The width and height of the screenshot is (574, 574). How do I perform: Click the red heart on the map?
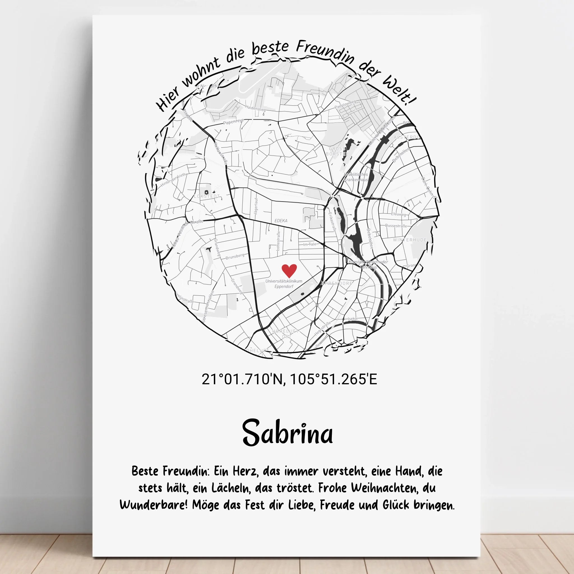pos(289,270)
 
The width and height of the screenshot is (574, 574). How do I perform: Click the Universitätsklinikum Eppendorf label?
pos(284,283)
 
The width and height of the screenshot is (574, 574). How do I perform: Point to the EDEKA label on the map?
pos(281,221)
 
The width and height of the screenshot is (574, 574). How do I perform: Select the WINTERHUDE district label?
pos(410,240)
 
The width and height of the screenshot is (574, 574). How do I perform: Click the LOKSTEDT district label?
pos(207,196)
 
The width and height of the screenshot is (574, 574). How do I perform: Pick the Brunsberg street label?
pos(235,256)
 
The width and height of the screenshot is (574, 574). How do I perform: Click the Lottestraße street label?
pos(278,241)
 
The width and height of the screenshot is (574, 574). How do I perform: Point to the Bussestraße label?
pos(396,226)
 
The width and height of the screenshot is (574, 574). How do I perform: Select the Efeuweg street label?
pos(398,214)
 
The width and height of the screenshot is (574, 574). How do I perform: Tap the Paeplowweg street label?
pos(345,104)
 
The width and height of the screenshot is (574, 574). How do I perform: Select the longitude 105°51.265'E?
pos(333,379)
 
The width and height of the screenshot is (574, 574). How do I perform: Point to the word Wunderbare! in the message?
pos(154,505)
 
